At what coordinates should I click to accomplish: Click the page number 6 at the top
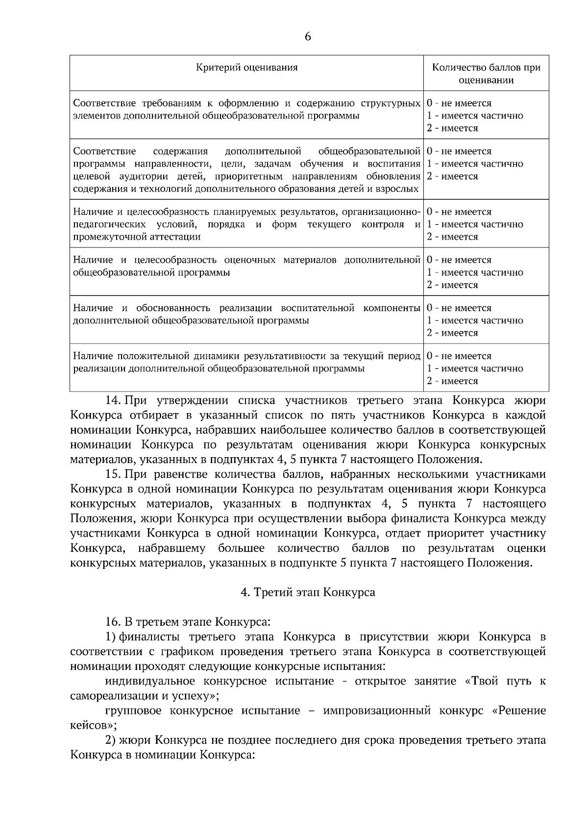(308, 37)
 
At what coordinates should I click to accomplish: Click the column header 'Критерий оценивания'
(246, 67)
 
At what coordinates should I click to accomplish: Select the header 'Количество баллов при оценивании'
(486, 73)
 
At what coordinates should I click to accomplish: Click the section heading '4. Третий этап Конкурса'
(308, 592)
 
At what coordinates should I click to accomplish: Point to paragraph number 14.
(113, 400)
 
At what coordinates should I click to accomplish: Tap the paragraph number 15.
(113, 474)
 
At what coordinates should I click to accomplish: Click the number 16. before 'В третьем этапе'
(113, 622)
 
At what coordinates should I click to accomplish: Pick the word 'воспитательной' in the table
(318, 308)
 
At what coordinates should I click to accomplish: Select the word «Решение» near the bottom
(518, 710)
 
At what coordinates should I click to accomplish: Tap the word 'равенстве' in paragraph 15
(179, 474)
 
